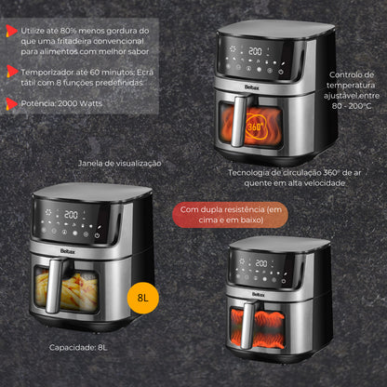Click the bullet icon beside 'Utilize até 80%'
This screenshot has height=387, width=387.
tap(10, 31)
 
